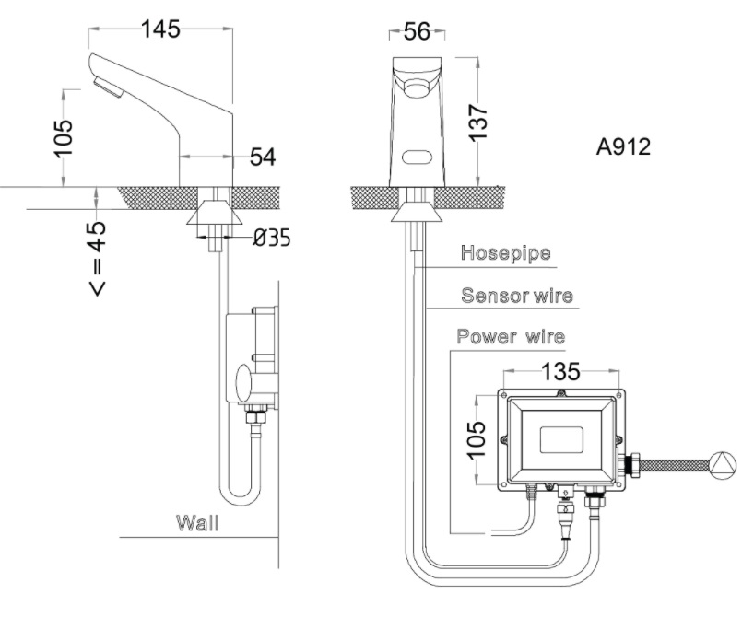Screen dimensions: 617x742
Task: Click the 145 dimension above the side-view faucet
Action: pos(160,29)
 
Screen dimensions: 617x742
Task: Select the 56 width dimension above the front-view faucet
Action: pos(417,32)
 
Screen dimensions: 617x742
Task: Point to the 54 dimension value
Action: pos(263,157)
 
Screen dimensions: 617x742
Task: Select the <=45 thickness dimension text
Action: pos(97,259)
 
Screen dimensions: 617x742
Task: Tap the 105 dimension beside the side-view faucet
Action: pos(62,137)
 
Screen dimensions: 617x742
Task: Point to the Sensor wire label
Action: pos(516,296)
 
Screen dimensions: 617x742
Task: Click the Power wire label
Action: pos(512,337)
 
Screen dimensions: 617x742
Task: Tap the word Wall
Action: pos(198,524)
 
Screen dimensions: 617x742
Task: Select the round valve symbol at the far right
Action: pos(722,463)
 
